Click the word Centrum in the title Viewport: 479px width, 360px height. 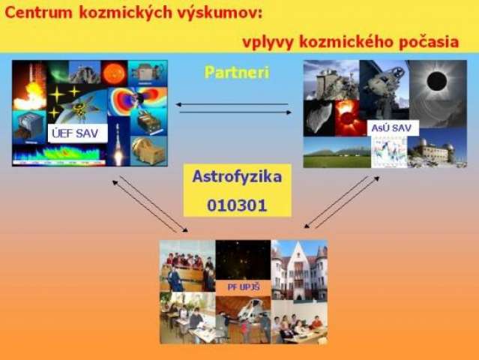38,13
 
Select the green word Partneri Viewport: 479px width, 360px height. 237,73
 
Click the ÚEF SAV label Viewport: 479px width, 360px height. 78,133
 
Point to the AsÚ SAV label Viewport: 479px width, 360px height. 393,128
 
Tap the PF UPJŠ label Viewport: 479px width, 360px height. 244,287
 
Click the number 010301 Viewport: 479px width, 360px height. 237,205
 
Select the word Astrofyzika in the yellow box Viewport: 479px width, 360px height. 237,177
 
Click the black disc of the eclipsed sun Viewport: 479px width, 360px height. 436,81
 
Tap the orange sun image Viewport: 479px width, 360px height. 115,73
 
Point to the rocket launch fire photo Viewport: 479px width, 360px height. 29,85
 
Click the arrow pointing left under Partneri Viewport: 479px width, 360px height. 232,104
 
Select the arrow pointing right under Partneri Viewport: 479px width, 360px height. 235,112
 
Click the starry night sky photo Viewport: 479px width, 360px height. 243,260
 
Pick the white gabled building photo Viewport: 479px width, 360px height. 299,270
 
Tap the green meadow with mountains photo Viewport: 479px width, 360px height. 337,152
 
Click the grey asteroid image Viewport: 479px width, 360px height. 319,118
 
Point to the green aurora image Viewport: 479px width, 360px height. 58,71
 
